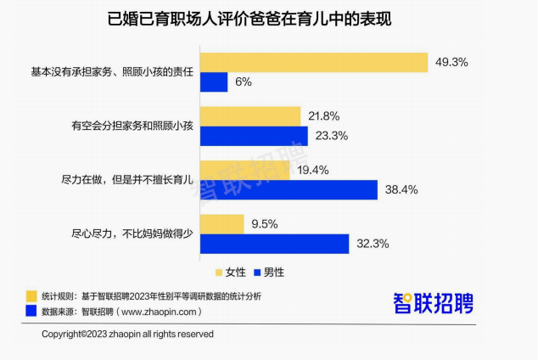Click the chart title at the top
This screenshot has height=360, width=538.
click(249, 19)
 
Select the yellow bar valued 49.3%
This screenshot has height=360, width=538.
click(314, 63)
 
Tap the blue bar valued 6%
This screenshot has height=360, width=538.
click(214, 82)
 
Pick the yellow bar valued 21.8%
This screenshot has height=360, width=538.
click(250, 116)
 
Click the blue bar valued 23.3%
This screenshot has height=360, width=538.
click(254, 136)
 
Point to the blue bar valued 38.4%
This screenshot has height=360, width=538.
click(289, 190)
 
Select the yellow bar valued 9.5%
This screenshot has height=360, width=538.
click(222, 224)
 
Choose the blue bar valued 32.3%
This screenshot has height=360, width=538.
click(274, 244)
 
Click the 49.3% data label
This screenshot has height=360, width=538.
click(451, 62)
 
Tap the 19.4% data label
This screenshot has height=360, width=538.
click(313, 170)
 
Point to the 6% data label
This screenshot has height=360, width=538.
click(244, 82)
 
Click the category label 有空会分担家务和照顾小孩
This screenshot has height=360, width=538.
click(132, 126)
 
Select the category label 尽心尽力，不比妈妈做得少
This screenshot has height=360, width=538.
click(132, 233)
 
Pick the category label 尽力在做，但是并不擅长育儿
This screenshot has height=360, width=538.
click(127, 179)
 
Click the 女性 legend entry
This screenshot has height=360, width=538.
click(231, 273)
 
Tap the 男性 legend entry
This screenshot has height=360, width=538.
click(269, 273)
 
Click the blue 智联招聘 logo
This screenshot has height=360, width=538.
click(434, 303)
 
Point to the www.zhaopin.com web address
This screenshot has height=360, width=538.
click(159, 312)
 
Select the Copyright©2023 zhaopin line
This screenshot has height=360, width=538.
click(127, 334)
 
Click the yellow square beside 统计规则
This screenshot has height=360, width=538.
click(31, 296)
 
